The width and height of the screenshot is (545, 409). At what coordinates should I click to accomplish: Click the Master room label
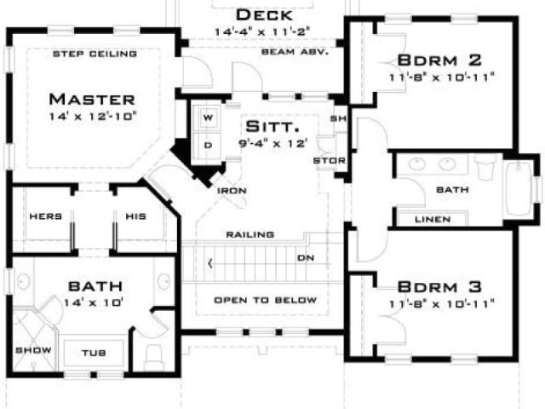[x=92, y=98]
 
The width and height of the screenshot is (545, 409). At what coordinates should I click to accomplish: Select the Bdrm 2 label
[x=439, y=60]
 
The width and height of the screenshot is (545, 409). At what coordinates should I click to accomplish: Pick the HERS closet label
[x=45, y=216]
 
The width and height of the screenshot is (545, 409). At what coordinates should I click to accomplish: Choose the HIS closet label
[x=137, y=216]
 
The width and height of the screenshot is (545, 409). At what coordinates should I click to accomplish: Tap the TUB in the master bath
[x=94, y=352]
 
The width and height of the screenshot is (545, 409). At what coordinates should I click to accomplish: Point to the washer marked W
[x=207, y=115]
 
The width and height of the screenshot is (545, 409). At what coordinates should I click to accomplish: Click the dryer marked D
[x=207, y=145]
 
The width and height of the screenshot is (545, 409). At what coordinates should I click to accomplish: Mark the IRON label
[x=232, y=191]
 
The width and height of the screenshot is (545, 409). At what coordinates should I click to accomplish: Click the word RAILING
[x=250, y=234]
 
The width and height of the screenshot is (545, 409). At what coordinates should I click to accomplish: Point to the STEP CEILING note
[x=95, y=55]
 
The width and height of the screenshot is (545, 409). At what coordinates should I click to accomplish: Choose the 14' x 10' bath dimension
[x=94, y=302]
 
